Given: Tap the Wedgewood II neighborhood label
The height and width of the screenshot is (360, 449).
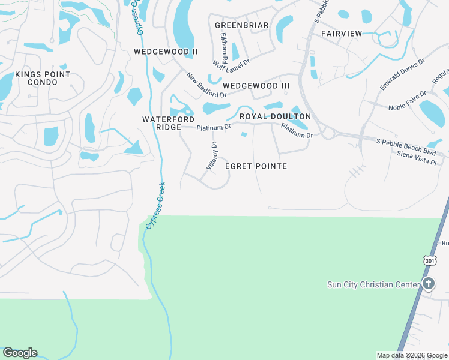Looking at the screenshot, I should coord(166,52).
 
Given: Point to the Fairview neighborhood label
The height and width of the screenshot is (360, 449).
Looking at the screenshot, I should coord(342,34).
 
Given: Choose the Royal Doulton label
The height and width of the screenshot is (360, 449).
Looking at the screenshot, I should coord(275,116).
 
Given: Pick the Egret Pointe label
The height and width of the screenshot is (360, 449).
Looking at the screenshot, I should coord(256,166).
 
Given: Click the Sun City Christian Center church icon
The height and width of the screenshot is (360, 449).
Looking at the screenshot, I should coord(428,284).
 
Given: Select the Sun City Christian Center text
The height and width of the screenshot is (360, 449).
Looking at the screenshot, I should coord(373,284).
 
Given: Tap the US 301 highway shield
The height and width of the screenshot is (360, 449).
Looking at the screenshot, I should coord(430,261).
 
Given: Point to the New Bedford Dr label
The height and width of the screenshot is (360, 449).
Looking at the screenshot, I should coord(206,86).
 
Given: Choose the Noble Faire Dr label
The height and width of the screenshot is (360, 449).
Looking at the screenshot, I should coord(408,100).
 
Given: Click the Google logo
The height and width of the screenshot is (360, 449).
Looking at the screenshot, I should coord(20,353).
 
